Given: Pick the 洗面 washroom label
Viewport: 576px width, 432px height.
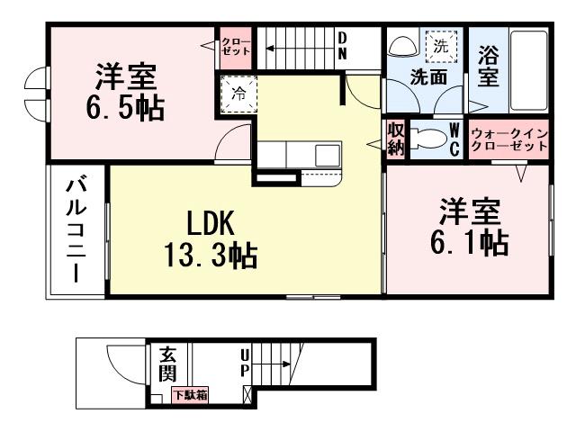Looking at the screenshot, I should (428, 77).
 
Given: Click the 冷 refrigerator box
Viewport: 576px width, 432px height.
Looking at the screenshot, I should (239, 93).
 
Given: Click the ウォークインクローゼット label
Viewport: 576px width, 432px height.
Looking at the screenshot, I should (509, 139).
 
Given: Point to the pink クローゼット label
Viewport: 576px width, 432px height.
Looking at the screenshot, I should (237, 46).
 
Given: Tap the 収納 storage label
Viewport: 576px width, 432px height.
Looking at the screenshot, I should (396, 139).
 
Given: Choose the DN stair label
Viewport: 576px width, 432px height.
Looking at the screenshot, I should (343, 46).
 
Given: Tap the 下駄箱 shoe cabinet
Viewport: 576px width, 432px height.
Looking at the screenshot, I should (191, 394).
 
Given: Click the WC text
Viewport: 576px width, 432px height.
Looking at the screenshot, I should (455, 140).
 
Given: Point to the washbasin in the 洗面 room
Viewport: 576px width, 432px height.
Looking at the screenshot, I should (403, 48).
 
